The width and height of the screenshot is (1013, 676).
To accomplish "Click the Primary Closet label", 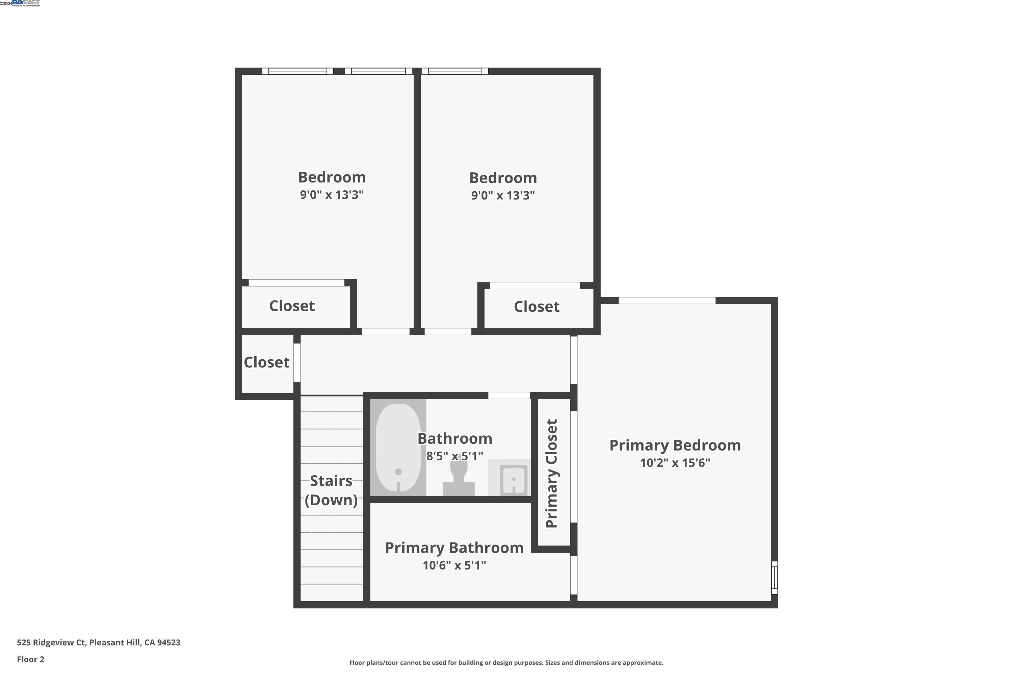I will pyautogui.click(x=552, y=474).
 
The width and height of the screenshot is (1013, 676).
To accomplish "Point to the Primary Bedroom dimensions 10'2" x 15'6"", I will pyautogui.click(x=675, y=463).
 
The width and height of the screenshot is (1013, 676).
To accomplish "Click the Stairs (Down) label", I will pyautogui.click(x=331, y=490).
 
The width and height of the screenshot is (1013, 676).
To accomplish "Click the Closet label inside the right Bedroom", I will pyautogui.click(x=536, y=307).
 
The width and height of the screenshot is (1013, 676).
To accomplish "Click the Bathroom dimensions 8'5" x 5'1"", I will pyautogui.click(x=454, y=456).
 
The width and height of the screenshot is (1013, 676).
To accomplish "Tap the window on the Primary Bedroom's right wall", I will pyautogui.click(x=774, y=577).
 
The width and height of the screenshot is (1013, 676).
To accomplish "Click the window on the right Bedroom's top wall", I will pyautogui.click(x=455, y=71).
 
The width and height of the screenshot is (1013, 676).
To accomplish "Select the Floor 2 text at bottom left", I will pyautogui.click(x=31, y=659).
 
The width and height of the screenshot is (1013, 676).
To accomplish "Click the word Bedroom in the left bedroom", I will pyautogui.click(x=332, y=177).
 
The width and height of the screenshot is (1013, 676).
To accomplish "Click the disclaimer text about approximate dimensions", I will pyautogui.click(x=506, y=662).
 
